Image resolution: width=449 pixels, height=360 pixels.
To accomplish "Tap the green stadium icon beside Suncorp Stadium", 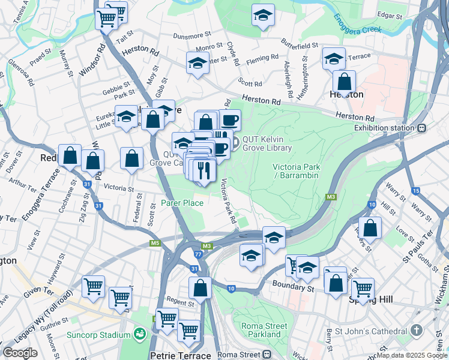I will pyautogui.click(x=140, y=334).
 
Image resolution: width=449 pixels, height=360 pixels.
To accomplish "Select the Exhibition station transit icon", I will pyautogui.click(x=422, y=127).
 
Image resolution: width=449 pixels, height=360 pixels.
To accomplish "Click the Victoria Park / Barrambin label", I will pyautogui.click(x=295, y=171).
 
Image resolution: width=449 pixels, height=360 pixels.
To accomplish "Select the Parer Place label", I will pyautogui.click(x=182, y=203).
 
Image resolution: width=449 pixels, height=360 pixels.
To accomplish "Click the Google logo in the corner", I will pyautogui.click(x=20, y=353).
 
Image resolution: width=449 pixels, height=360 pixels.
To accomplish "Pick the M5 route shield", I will pyautogui.click(x=155, y=243).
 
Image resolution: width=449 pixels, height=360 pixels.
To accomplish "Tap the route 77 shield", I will pyautogui.click(x=198, y=254).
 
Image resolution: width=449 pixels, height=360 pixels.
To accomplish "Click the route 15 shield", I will pyautogui.click(x=416, y=191).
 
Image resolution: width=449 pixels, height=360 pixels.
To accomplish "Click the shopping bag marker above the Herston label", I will pyautogui.click(x=345, y=81).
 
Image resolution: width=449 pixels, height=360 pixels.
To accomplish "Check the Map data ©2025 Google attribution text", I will pyautogui.click(x=412, y=355).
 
